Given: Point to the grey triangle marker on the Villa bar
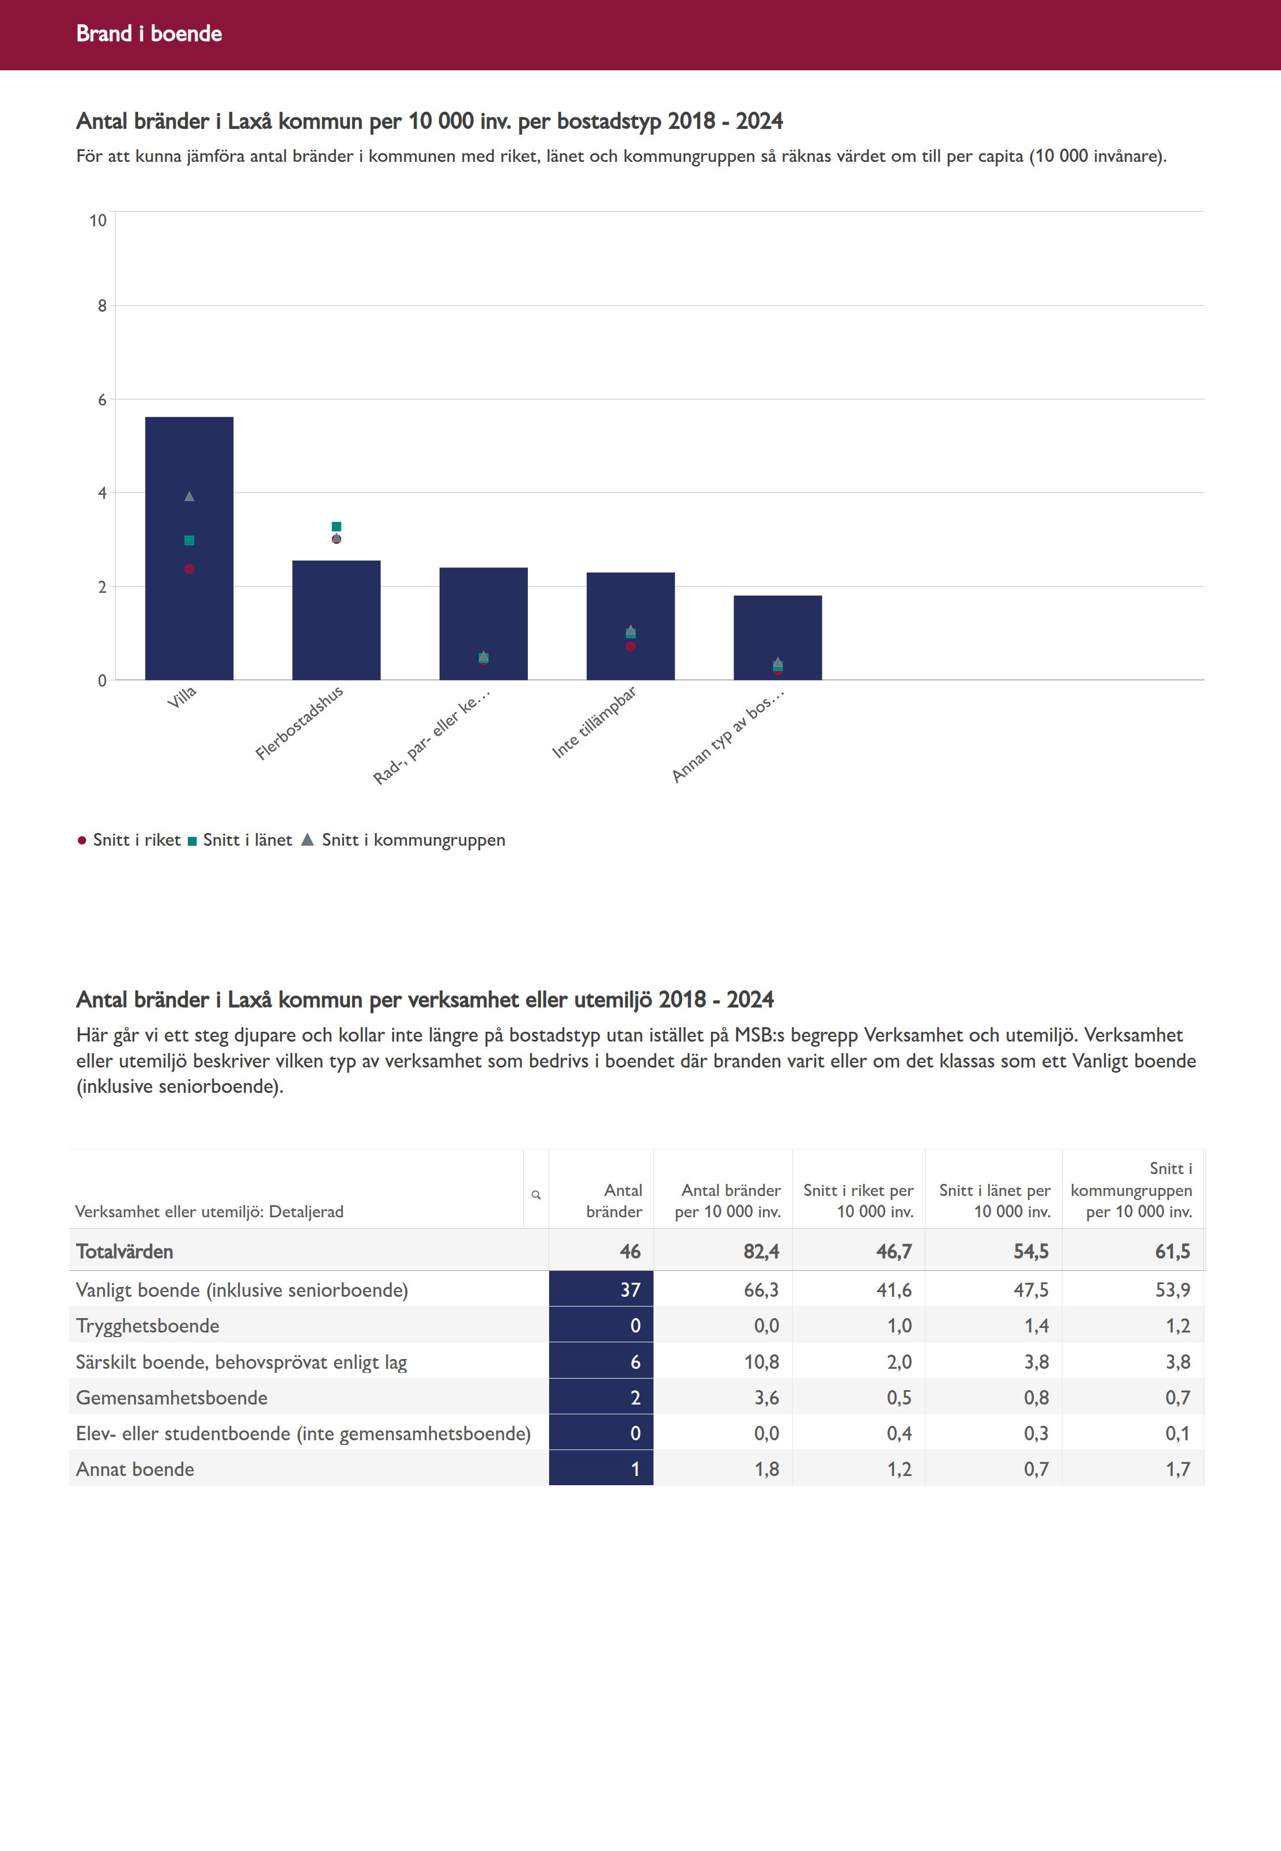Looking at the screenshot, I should [190, 497].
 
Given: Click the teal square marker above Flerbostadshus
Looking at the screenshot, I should [337, 527].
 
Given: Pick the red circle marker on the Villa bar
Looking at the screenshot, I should [190, 569].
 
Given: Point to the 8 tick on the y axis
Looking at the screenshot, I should [102, 306].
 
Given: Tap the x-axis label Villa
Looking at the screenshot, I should [182, 697].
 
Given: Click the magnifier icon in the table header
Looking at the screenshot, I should [536, 1195].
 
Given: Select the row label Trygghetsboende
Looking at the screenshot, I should [148, 1326].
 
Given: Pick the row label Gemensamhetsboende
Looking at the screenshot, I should [172, 1398].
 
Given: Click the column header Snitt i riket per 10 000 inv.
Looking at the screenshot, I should [858, 1201].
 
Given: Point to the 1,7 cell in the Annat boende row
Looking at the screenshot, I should [1177, 1469].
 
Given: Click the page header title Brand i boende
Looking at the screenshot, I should [149, 33].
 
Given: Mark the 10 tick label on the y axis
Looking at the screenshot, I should [98, 221].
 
